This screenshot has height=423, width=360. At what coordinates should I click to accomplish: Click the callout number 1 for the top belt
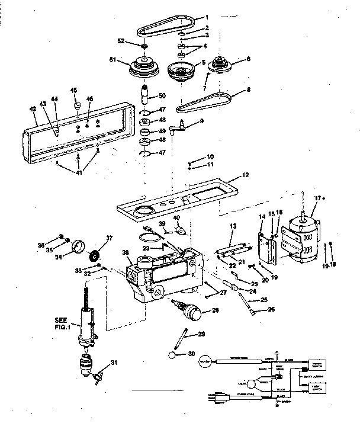[207, 17]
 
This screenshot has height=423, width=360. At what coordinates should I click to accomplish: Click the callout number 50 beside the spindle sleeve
[162, 96]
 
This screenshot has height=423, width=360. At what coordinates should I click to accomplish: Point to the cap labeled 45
[76, 106]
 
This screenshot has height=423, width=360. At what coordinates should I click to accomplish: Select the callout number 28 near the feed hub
[214, 310]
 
